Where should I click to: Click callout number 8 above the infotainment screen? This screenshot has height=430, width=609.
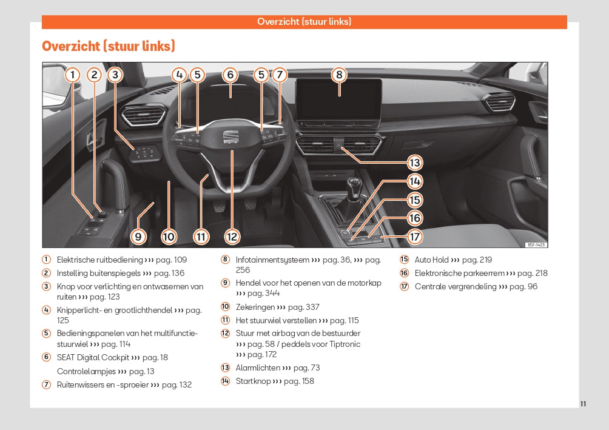(x=339, y=75)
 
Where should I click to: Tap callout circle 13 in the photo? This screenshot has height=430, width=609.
(x=414, y=163)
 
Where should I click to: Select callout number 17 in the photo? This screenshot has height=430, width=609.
(x=414, y=237)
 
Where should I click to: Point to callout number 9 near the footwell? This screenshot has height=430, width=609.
(x=138, y=237)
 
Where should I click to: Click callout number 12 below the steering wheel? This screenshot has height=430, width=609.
(x=232, y=237)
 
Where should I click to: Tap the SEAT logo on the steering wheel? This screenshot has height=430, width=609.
(x=231, y=137)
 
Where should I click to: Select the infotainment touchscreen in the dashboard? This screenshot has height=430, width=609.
(x=338, y=100)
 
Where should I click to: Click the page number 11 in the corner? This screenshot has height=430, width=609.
(x=583, y=404)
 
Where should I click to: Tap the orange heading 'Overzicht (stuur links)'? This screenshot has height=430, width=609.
(x=109, y=46)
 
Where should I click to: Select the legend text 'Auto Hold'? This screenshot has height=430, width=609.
(x=431, y=260)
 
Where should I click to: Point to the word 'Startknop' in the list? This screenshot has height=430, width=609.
(x=253, y=381)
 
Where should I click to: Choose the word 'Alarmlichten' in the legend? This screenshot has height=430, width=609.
(x=258, y=368)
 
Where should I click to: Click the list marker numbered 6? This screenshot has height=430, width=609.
(x=46, y=358)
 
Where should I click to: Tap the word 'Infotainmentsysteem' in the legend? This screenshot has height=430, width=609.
(x=272, y=260)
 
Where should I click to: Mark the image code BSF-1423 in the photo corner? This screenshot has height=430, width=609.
(x=536, y=244)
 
